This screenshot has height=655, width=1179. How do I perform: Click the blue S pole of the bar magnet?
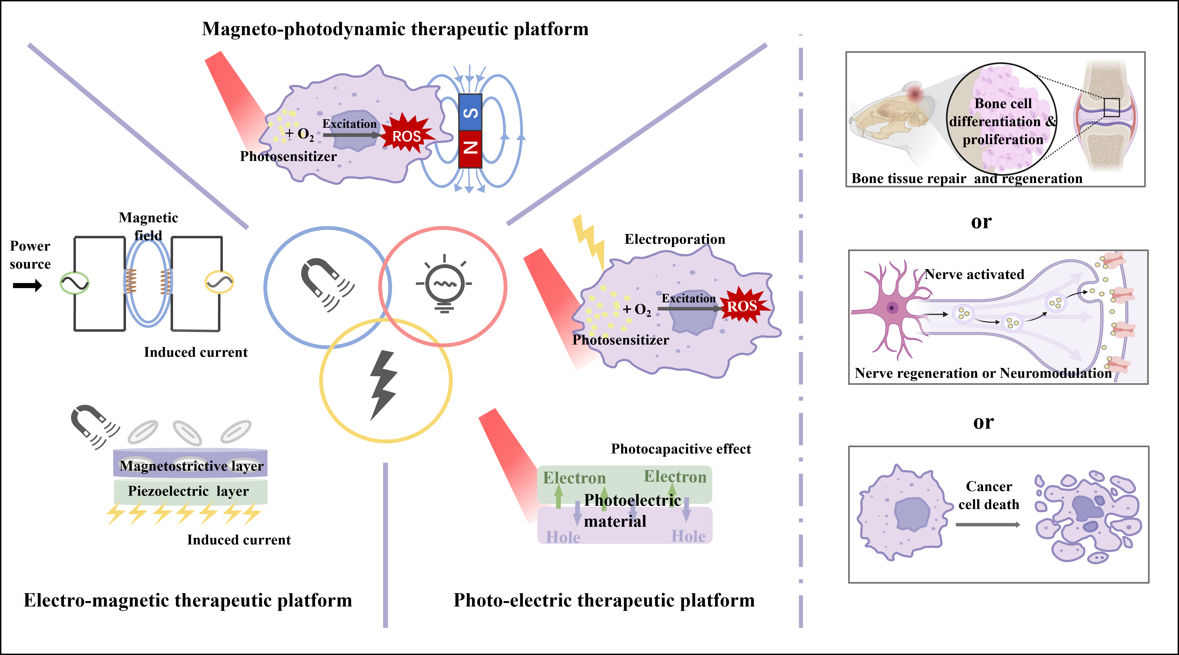[x=470, y=112]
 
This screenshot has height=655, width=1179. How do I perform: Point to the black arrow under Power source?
[x=27, y=286]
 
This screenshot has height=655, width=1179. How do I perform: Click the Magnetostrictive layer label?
[x=191, y=466]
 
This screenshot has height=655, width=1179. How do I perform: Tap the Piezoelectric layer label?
[x=188, y=491]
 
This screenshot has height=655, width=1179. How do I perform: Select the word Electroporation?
[x=675, y=239]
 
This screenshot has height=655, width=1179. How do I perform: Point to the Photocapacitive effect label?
[x=681, y=449]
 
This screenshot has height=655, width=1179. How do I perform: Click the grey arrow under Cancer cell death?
[x=988, y=525]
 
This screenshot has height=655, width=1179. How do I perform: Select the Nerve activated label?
[x=974, y=274]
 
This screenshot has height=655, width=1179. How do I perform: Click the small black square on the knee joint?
[x=1111, y=108]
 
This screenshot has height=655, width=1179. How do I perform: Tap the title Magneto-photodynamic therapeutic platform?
[x=395, y=29]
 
